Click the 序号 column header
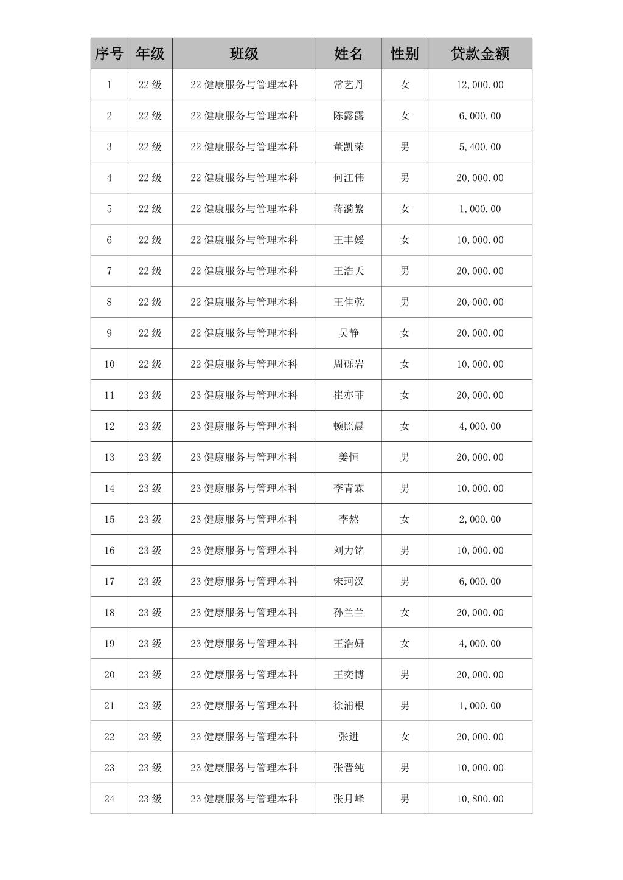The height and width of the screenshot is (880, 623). point(109,53)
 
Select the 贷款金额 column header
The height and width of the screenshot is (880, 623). point(479,53)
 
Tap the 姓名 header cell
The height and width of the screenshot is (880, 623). point(349,53)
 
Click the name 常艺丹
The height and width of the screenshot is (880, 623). point(349,84)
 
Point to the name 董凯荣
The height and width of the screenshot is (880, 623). point(349,146)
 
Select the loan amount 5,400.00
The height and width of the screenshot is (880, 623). point(479,146)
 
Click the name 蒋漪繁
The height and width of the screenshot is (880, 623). point(349,208)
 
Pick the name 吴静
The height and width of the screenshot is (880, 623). point(349,333)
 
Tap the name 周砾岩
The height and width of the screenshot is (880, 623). point(349,364)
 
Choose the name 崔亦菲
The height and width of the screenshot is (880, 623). point(349,395)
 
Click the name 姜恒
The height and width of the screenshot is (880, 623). point(349,457)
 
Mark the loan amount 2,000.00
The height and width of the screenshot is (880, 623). point(479,519)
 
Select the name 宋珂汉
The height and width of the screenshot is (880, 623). point(349,581)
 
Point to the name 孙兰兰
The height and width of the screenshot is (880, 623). point(349,612)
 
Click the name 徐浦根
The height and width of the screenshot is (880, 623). point(349,706)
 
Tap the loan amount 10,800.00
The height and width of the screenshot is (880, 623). point(479,799)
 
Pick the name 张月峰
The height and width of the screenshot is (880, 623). point(349,799)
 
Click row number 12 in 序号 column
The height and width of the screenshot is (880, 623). point(109,426)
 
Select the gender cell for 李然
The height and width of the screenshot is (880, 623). point(405,519)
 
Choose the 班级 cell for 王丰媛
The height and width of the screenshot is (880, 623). point(244,240)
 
